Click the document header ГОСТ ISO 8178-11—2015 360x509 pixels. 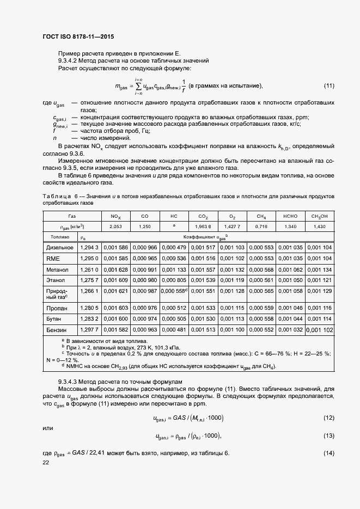(78, 37)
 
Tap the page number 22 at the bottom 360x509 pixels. (46, 462)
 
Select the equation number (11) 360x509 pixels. (329, 86)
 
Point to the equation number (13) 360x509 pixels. (329, 436)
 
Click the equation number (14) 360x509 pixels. (329, 453)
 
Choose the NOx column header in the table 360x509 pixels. (115, 216)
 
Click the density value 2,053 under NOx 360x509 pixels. (115, 226)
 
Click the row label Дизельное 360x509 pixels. (59, 248)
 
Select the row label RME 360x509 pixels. (52, 259)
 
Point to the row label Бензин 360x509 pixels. (56, 330)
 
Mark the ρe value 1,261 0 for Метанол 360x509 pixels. (89, 269)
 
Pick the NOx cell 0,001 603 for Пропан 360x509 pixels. (115, 308)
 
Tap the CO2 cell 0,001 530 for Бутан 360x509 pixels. (203, 318)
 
